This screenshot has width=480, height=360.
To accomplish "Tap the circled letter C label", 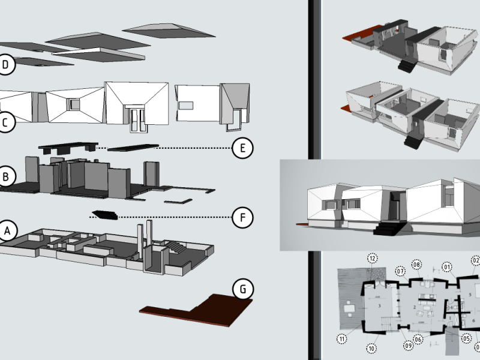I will point(5,122).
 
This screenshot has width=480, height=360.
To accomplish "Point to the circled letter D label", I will point(5,65).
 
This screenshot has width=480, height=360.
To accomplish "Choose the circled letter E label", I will point(242,148).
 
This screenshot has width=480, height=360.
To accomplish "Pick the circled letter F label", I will point(242,217).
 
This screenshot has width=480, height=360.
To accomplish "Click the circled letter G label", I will point(242,289).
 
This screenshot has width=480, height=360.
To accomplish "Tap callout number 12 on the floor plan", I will point(372,259).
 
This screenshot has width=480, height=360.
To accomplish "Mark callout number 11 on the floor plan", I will point(342,340).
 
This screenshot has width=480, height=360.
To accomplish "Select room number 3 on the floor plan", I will point(379,306).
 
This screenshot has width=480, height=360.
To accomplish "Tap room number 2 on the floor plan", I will point(415,307).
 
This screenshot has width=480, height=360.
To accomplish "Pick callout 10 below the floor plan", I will point(372,347).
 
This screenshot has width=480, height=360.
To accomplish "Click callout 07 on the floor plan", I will point(400,272).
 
